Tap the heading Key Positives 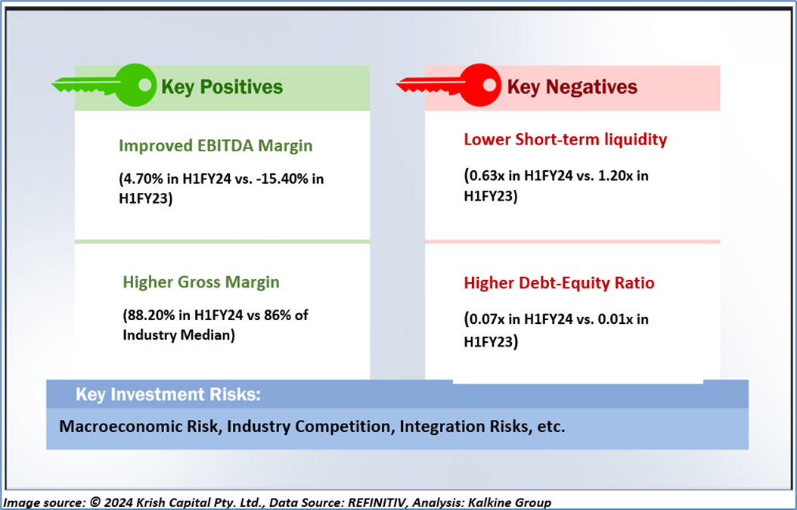point(222,87)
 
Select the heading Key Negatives point(572,87)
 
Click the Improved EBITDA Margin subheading point(216,146)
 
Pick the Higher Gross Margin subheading point(201,282)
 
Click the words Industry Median point(177,336)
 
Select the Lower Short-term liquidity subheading point(565,139)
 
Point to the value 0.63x point(490,176)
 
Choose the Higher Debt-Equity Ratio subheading point(559,283)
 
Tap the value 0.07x point(490,319)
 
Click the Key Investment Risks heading point(168,394)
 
